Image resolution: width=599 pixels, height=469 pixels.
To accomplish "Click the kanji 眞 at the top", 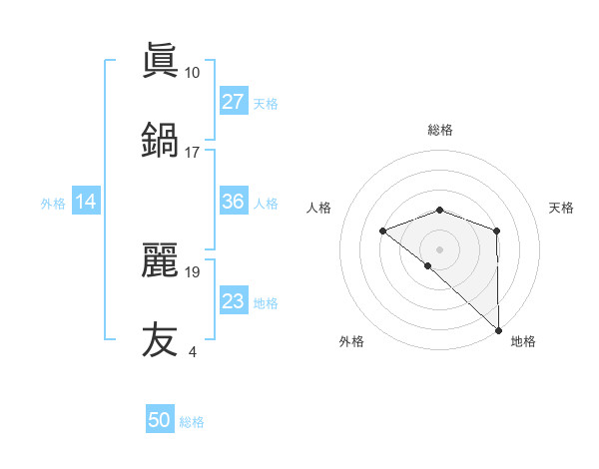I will [160, 62].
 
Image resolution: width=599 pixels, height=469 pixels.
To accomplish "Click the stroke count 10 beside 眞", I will [192, 73].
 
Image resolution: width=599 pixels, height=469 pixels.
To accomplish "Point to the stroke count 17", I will [192, 152].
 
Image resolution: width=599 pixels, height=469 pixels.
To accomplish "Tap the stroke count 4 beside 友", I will [192, 350].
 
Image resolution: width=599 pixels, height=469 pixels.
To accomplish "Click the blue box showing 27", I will [233, 102].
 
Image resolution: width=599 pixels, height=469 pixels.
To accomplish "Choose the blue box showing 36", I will [233, 202].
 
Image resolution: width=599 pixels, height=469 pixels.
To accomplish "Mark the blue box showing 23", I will [233, 301].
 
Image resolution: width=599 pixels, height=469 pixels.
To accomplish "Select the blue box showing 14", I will [86, 202].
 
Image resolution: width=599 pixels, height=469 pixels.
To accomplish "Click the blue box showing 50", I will [160, 420].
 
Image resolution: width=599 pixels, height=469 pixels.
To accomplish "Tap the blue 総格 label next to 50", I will [192, 422].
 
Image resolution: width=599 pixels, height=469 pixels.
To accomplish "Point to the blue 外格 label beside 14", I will [53, 203].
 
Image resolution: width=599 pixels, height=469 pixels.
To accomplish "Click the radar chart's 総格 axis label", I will [439, 130].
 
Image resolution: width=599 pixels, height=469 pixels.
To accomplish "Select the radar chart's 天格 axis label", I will [561, 208].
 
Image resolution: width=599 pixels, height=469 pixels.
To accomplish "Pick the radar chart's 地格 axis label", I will [523, 341].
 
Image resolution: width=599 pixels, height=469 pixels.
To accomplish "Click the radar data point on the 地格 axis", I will [498, 329].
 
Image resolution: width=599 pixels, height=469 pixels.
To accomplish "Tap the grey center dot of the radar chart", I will [439, 248].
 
